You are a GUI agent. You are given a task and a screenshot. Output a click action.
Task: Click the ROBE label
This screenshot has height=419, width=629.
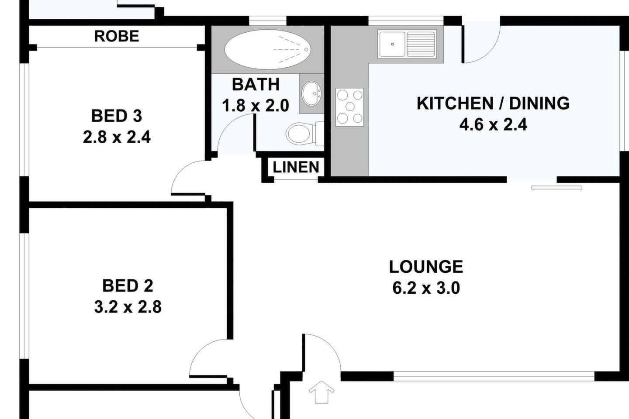[x=117, y=36]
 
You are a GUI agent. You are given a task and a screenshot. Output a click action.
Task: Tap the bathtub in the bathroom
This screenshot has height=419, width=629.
[x=268, y=49]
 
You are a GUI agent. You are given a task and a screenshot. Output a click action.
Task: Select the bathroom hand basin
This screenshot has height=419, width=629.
[x=311, y=93]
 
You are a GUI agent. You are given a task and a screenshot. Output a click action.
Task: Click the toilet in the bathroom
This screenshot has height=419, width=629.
[x=305, y=134]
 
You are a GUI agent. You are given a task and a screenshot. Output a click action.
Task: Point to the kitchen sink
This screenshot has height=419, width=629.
[x=392, y=45]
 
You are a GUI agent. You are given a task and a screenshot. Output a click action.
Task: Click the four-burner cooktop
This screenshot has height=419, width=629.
[x=349, y=107]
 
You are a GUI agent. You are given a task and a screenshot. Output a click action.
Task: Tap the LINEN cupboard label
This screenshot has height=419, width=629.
[x=296, y=167]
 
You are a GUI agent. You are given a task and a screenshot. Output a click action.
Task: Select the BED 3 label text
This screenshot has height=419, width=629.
[x=117, y=116]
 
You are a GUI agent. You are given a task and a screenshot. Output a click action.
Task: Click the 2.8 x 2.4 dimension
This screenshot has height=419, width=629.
[x=117, y=137]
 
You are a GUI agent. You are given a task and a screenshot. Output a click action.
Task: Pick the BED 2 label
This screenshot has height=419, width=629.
[x=128, y=286]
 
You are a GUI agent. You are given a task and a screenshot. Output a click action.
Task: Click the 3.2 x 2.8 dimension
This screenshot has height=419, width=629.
[x=128, y=307]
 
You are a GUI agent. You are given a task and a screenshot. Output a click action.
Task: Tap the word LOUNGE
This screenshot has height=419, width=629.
[x=426, y=267]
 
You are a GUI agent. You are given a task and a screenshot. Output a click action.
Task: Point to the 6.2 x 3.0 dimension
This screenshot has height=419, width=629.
[x=426, y=288]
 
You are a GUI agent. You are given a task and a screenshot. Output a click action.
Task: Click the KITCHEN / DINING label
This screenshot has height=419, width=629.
[x=493, y=103]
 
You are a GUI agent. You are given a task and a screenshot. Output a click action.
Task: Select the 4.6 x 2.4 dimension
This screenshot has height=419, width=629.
[x=493, y=124]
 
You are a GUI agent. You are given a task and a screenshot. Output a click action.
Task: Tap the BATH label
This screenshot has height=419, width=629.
[x=256, y=84]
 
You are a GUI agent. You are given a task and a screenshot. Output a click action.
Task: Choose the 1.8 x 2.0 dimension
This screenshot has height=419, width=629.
[x=255, y=106]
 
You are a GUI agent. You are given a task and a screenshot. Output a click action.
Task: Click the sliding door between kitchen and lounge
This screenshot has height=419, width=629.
[x=557, y=188]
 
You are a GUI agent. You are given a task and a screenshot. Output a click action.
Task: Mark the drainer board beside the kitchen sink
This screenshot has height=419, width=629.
[x=421, y=45]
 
